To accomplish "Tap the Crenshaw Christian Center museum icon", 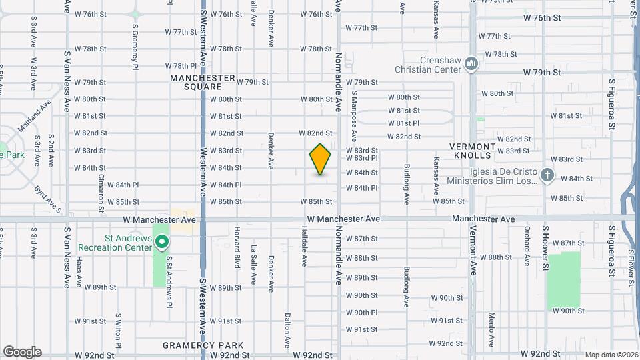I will (472, 64).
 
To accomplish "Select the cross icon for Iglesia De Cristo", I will (547, 175).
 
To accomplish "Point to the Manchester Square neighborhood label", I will (203, 82).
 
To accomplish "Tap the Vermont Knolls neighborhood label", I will (472, 151).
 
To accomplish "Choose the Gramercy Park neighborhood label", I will (203, 345).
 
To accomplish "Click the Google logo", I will (22, 352).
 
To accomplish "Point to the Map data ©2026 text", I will (611, 355).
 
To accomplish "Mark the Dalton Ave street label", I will (287, 323).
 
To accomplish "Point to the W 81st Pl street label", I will (404, 123).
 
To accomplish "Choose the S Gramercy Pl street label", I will (135, 47).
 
